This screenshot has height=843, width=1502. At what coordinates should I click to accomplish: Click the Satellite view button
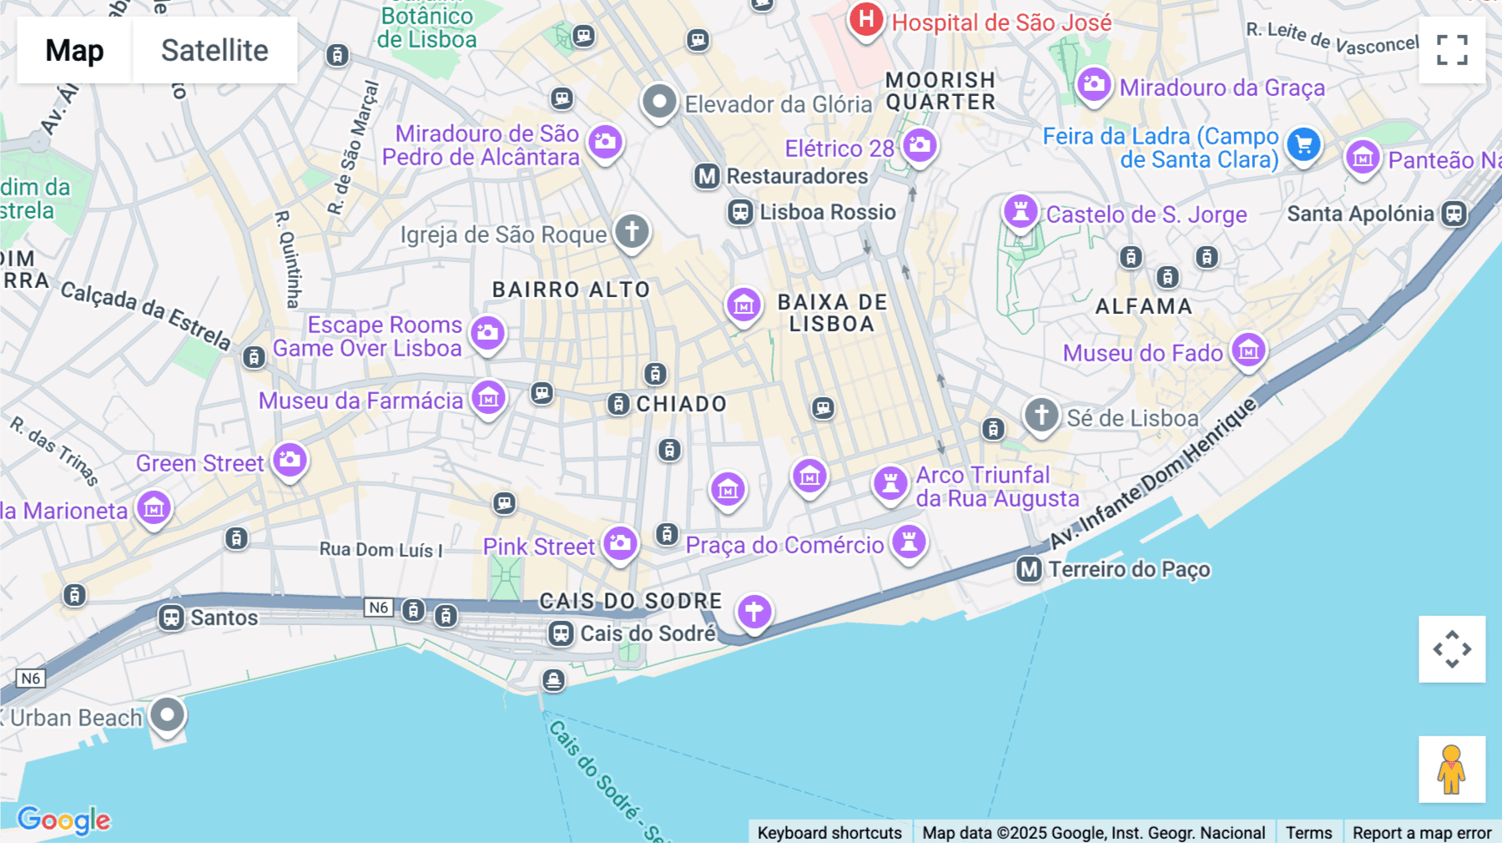214,50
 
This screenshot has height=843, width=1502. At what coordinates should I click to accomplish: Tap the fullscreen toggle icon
1452,50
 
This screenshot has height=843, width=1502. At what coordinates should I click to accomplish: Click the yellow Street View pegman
1452,769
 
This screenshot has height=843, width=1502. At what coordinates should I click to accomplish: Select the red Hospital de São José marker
866,19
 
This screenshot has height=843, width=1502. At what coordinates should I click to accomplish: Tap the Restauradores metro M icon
707,176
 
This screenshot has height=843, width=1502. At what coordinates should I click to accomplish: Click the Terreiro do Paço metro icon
1029,570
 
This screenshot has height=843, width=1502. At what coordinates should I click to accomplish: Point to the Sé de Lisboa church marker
1041,414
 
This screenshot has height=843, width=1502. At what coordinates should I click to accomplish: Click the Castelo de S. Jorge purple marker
1021,210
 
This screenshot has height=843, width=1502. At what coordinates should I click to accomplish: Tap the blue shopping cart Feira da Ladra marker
1303,145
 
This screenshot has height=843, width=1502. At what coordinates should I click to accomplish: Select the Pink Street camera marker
620,543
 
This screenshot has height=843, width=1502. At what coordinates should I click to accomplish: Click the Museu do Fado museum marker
1248,350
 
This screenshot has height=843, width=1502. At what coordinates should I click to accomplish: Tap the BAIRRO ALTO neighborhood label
571,290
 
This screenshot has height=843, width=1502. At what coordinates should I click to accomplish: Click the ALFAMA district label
1143,306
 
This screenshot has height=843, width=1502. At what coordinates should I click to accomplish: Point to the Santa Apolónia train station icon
1454,214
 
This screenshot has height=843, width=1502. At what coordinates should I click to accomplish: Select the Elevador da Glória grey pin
659,103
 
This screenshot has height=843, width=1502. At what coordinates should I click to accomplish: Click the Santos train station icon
172,618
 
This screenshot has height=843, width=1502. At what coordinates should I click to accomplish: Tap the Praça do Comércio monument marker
909,542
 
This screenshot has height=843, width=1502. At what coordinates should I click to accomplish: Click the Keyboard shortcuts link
829,832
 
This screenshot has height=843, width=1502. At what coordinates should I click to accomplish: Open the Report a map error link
1421,832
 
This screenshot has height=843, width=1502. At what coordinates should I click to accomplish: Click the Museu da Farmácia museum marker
488,397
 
